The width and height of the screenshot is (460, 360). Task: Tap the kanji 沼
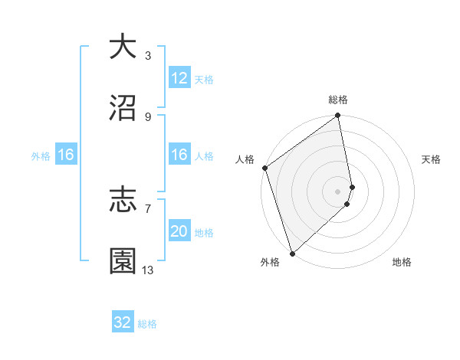pos(123,108)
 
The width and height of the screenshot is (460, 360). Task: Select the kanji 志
pos(123,201)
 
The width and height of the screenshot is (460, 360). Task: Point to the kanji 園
pos(123,261)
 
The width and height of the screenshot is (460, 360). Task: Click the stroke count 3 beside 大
pos(148,55)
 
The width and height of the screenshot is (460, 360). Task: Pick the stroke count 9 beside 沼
pos(148,116)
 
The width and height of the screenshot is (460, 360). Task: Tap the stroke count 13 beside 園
pos(148,270)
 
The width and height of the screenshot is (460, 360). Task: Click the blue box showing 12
pos(179,78)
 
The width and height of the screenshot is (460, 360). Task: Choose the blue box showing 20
pos(179,231)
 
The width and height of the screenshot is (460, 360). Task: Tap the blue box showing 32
pos(123,322)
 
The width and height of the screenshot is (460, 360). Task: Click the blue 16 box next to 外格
pos(65,155)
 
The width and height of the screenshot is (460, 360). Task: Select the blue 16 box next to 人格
pos(179,155)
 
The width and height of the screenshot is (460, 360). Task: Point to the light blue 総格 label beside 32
pos(148,324)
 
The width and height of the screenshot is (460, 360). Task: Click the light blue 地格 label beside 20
pos(204,233)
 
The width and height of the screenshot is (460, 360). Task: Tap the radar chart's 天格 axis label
pos(432,159)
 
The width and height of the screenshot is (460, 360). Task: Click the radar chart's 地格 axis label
pos(402,262)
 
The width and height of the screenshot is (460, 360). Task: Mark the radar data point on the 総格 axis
pos(338,116)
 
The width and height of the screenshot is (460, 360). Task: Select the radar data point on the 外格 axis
pos(292,253)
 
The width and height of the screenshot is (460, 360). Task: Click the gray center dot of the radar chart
pos(338,190)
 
